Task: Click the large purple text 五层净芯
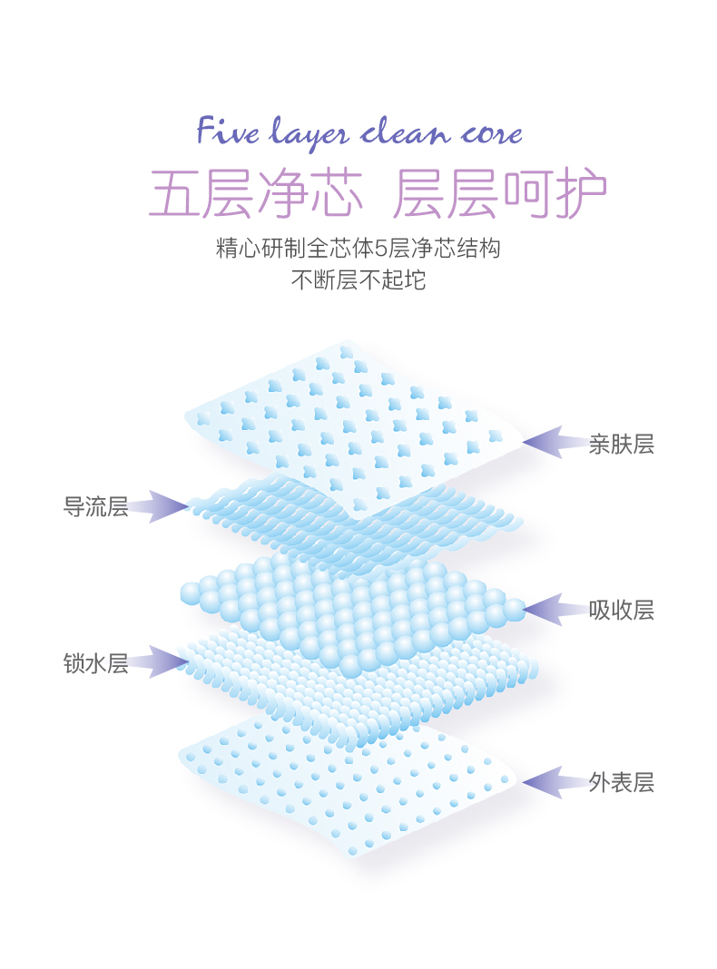[256, 192]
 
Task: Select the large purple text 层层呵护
[500, 192]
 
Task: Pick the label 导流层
[95, 506]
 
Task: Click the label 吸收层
[621, 610]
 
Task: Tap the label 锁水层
[95, 663]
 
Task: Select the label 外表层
[621, 782]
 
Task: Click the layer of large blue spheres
[354, 608]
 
